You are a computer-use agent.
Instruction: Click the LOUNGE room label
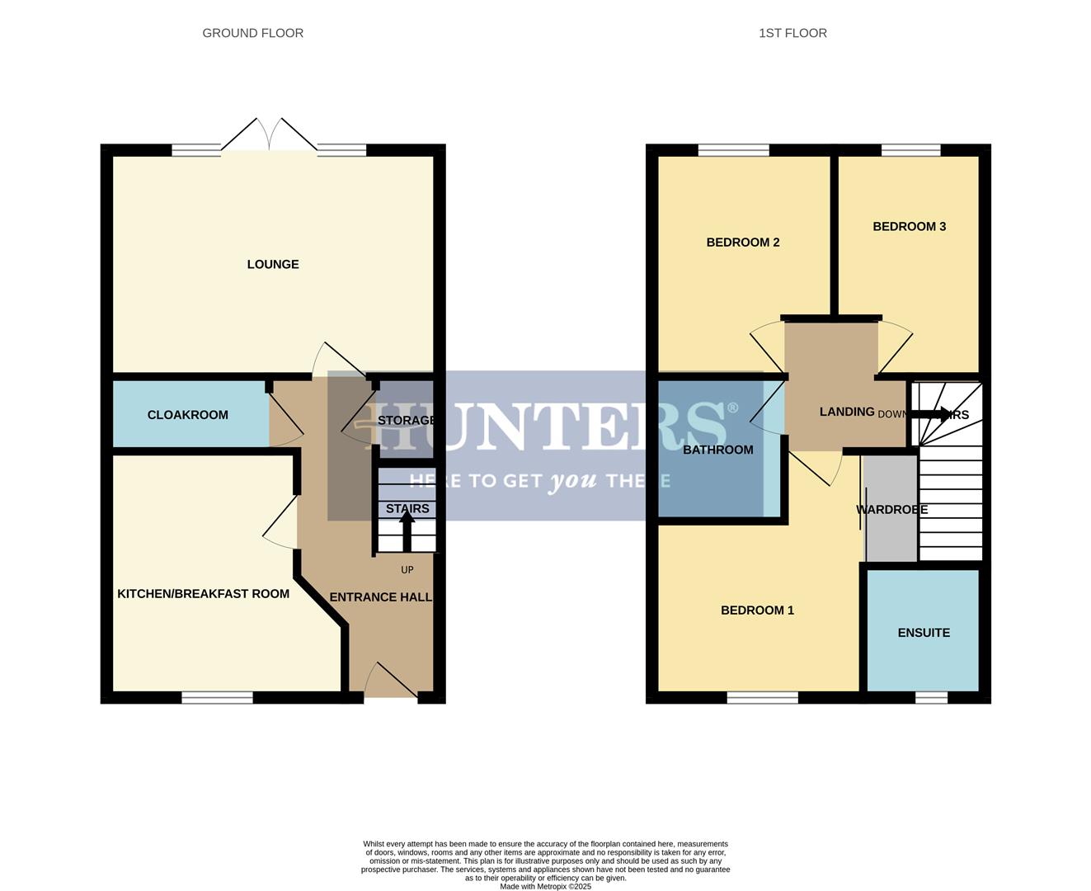coord(273,264)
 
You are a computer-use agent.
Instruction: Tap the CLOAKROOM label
coord(188,415)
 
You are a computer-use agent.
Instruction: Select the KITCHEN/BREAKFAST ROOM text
coord(203,594)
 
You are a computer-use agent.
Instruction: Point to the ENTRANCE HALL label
coord(380,597)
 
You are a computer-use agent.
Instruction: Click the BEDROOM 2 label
coord(743,243)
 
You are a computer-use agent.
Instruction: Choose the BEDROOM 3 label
coord(909,227)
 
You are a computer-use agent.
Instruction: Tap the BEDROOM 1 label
coord(757,610)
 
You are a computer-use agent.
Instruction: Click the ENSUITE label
coord(924,633)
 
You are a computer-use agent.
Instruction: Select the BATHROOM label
coord(717,450)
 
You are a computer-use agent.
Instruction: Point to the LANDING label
coord(847,412)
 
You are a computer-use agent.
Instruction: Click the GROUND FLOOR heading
coord(253,33)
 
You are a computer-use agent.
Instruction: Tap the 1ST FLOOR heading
coord(792,33)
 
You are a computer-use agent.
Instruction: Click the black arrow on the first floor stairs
coord(931,413)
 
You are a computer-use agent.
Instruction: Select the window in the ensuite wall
coord(931,698)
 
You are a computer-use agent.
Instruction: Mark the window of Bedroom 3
coord(910,150)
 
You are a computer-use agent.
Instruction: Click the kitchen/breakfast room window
coord(217,698)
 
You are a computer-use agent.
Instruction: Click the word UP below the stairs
coord(407,570)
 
